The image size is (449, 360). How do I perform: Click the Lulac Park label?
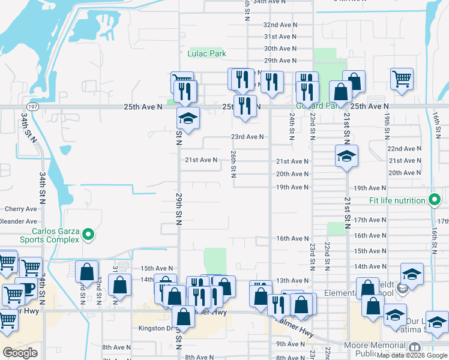point(206,53)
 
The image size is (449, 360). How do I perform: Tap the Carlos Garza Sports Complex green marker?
point(88,234)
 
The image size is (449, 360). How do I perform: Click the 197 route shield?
point(33,106)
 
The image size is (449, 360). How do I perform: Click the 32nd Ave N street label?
point(280,25)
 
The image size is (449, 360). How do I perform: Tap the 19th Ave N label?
point(292,187)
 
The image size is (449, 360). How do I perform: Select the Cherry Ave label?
point(20,209)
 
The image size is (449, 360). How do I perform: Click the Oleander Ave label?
point(19,221)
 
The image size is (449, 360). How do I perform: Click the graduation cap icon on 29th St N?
point(188,118)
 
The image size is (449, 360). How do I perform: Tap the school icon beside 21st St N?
point(346,156)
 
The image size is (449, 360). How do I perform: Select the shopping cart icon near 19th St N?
point(402,78)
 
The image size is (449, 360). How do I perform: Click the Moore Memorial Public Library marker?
point(414,347)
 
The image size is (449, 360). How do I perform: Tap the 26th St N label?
point(233,164)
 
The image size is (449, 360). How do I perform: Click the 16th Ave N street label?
point(292,238)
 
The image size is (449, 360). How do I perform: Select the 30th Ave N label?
point(280,49)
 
